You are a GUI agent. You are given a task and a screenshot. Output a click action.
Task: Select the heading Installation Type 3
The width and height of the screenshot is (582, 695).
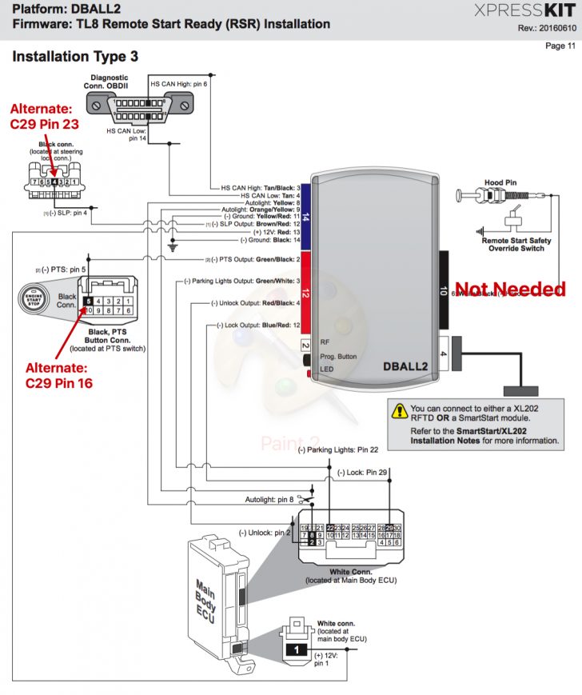click(x=75, y=57)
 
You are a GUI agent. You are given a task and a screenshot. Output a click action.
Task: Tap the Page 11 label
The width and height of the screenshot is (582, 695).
click(x=560, y=46)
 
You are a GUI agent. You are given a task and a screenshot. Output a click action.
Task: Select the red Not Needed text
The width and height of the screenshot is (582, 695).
click(x=509, y=290)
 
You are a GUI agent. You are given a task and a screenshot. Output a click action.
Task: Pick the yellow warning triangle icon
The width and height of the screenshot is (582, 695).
click(x=398, y=412)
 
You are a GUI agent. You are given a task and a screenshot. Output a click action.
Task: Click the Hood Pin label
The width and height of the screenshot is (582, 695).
click(x=500, y=182)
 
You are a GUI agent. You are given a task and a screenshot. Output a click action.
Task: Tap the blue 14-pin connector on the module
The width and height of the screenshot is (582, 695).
click(x=305, y=216)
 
